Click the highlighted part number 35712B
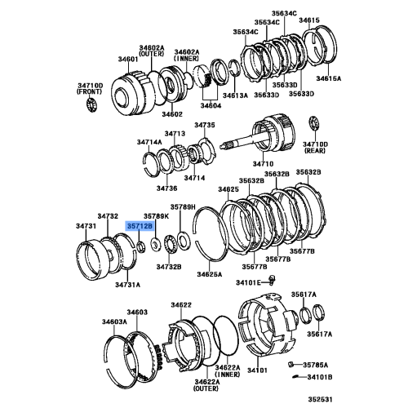coord(140,226)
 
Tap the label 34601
coord(128,60)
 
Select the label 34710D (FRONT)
coord(89,88)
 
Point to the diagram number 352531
coord(320,400)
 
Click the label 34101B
coord(320,377)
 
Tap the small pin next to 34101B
coord(295,377)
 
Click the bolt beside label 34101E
coord(272,280)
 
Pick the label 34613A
coord(235,95)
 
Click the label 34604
coord(211,105)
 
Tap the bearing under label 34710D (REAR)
coord(314,124)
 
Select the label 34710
coord(263,164)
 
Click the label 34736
coord(166,188)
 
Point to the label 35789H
coord(183,207)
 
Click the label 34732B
coord(169,267)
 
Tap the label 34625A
coord(210,274)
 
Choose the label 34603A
coord(114,322)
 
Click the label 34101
coord(257,370)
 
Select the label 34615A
coord(328,78)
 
